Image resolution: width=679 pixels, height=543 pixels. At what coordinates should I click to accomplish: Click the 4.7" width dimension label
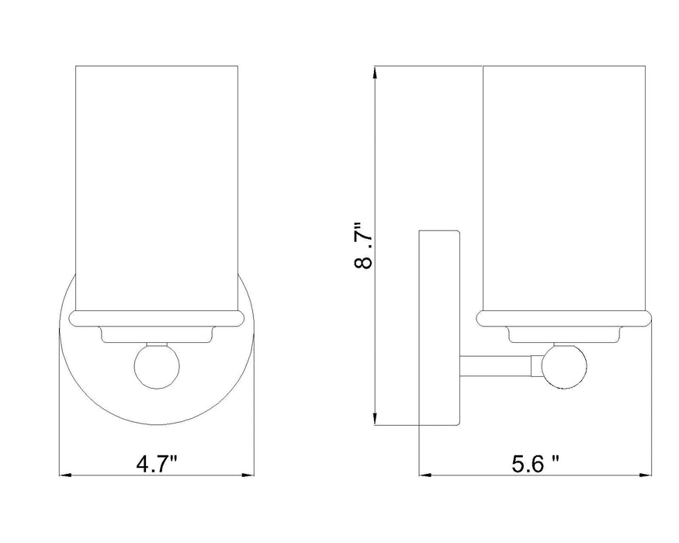157,465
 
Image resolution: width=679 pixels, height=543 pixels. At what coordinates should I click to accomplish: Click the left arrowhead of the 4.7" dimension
64,476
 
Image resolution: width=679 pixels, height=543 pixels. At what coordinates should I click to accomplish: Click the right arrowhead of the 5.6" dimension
647,476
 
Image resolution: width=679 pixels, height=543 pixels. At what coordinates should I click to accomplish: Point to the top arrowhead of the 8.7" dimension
376,72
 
